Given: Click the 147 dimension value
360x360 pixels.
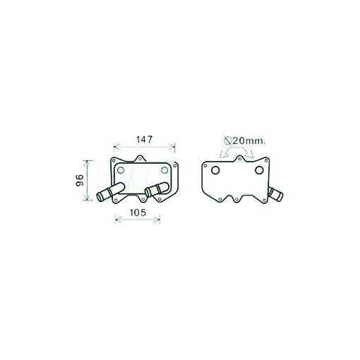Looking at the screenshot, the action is (x=145, y=140).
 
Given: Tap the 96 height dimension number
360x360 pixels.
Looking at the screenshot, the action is (x=80, y=181).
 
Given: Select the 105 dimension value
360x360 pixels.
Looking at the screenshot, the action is (x=138, y=212).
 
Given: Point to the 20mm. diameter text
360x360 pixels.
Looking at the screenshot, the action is (x=249, y=141).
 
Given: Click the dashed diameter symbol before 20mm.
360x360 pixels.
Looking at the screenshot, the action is (x=227, y=140).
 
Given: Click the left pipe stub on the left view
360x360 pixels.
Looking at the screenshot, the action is (x=110, y=191).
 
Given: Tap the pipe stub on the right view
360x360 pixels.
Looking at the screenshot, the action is (x=276, y=194).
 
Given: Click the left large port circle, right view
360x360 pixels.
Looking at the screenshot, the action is (x=215, y=170).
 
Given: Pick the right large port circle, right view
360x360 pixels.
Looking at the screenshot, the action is (x=259, y=170).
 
